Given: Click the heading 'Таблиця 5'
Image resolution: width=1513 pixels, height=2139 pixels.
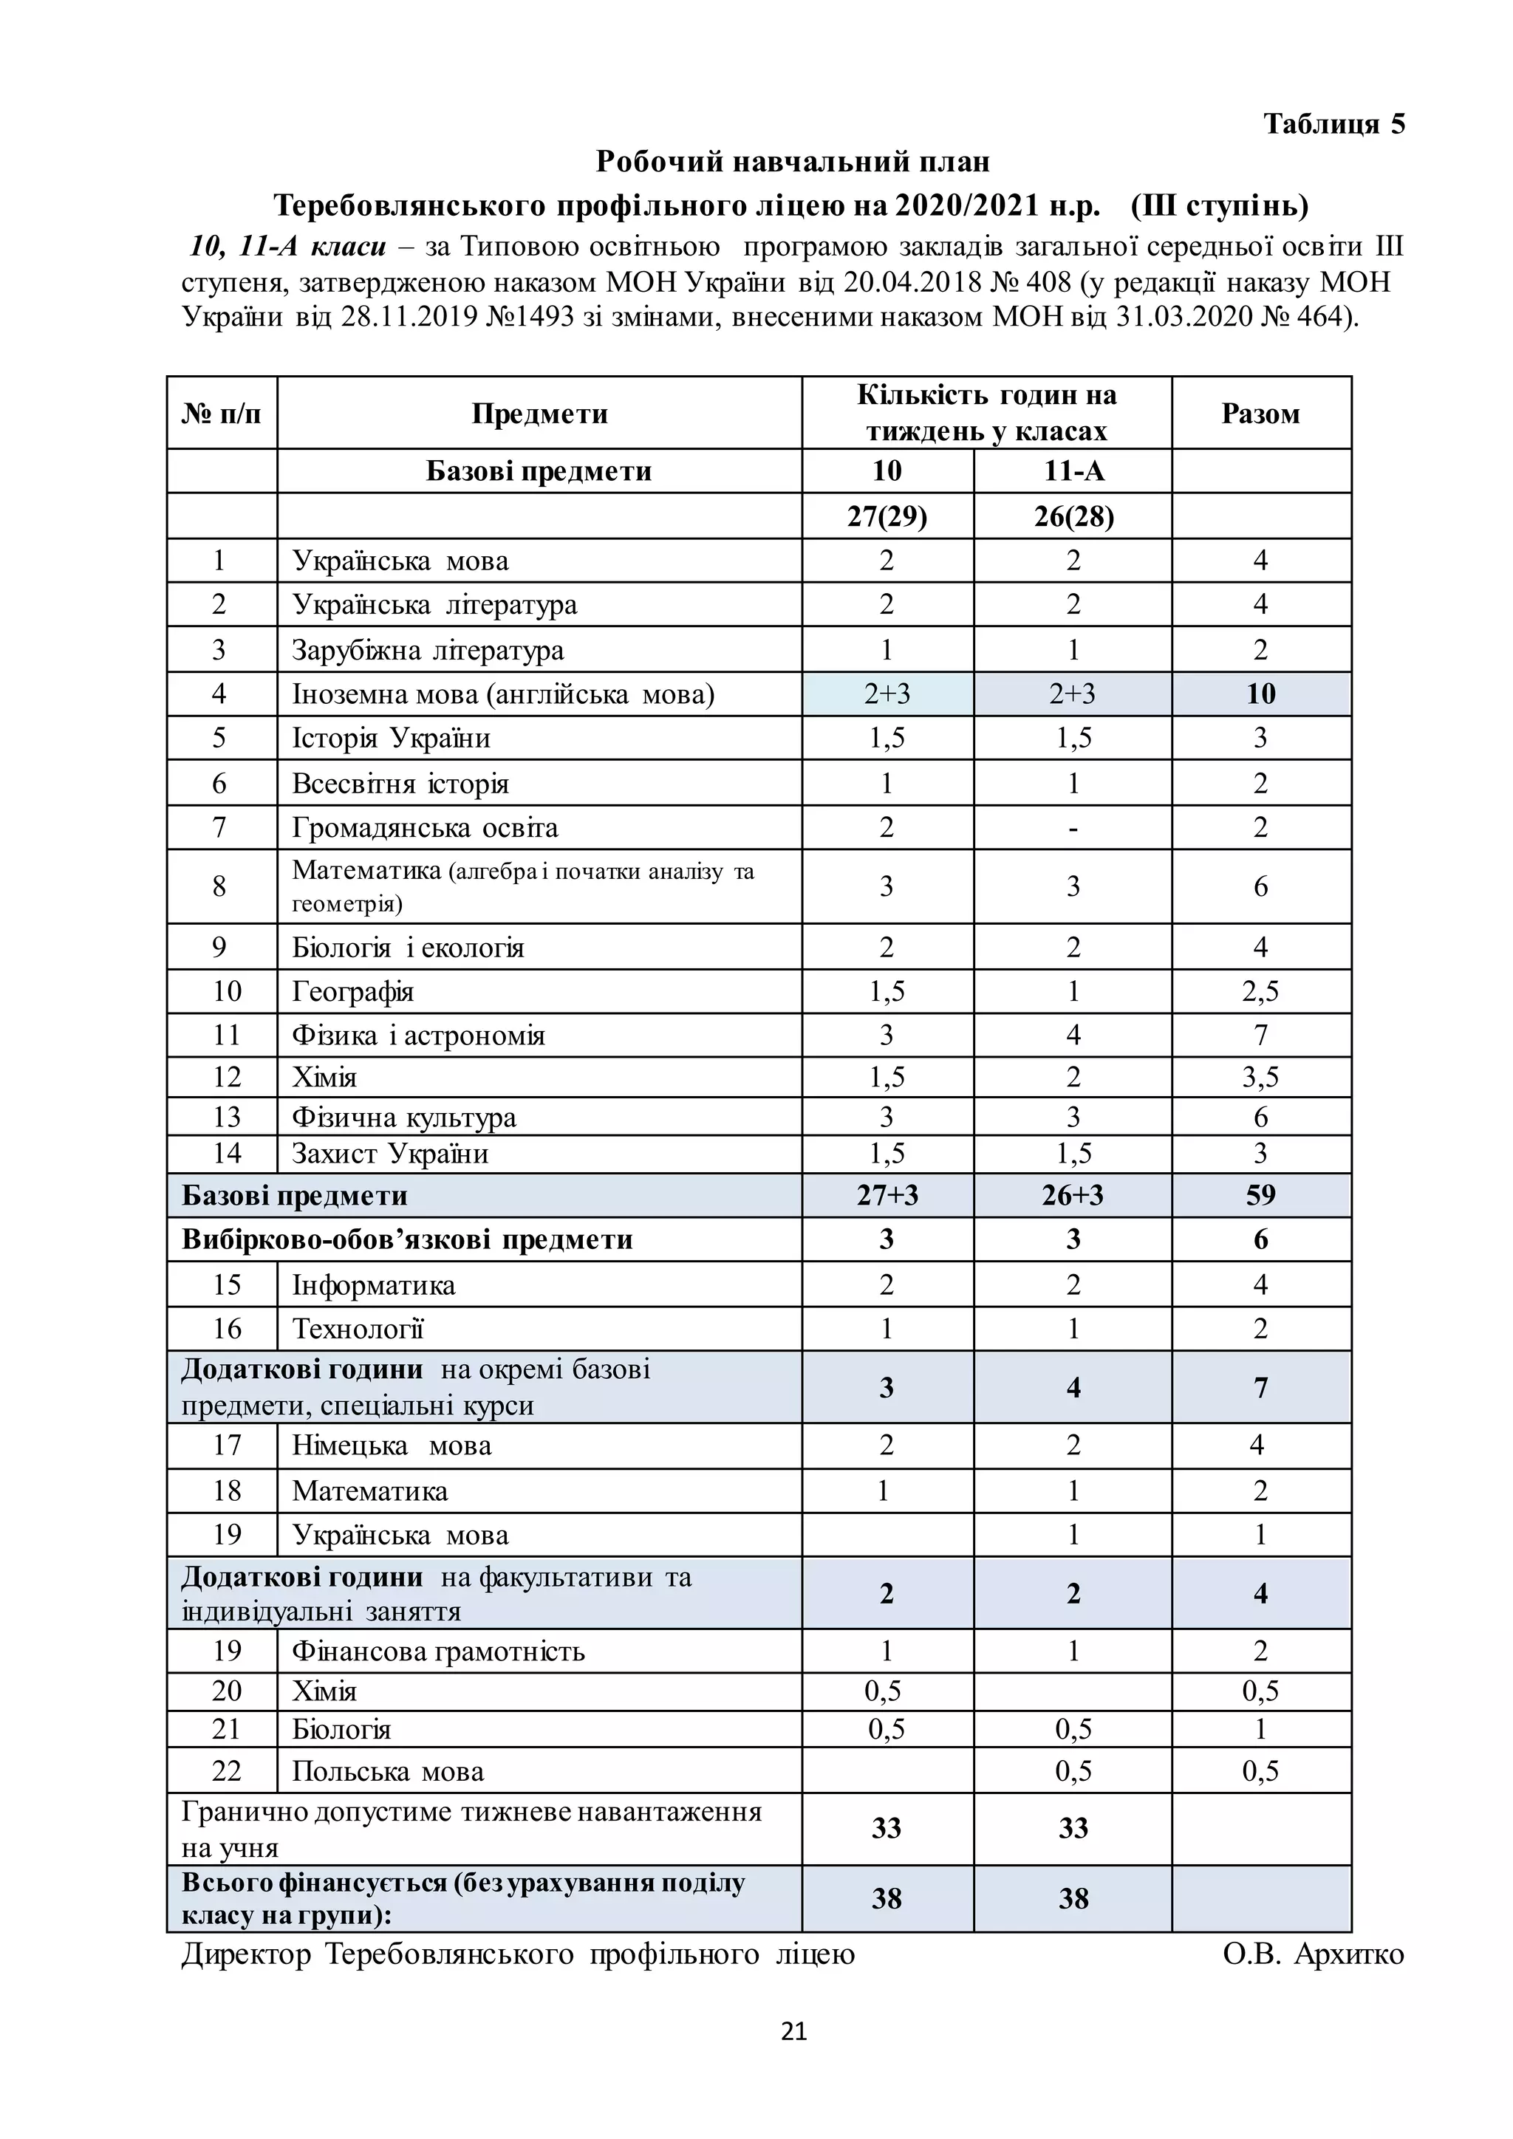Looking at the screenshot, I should [x=1333, y=124].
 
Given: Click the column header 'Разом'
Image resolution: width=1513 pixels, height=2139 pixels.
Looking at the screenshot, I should [x=1260, y=414].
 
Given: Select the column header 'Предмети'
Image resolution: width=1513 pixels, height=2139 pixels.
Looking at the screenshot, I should [x=539, y=414].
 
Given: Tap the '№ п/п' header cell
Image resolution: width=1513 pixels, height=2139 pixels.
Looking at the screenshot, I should [x=222, y=414].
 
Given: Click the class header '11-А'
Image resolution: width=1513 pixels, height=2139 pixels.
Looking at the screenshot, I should [x=1073, y=470].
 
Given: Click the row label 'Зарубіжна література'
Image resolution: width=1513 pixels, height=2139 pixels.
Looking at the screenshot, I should [x=428, y=649].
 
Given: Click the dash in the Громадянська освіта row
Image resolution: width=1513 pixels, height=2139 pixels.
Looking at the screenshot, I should [x=1073, y=827].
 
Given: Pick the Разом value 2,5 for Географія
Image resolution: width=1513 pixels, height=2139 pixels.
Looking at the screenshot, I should [x=1260, y=991].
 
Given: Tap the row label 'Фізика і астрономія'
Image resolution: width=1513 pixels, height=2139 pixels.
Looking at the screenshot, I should [x=418, y=1035].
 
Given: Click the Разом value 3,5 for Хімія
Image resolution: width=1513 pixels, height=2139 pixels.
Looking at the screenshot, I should [x=1260, y=1077].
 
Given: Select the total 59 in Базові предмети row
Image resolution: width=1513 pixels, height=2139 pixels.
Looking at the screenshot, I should [x=1260, y=1195].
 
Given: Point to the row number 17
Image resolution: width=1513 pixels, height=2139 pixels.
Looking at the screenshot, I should [x=226, y=1445].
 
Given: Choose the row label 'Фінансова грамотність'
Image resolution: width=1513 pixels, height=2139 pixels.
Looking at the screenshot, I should [x=438, y=1651].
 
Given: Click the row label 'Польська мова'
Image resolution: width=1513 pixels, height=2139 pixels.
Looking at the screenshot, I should [x=388, y=1770].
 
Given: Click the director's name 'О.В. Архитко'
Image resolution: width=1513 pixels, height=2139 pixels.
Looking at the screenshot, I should [x=1312, y=1954].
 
